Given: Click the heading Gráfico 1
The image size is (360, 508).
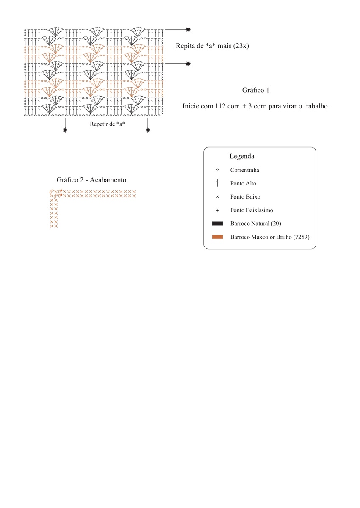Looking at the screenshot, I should tap(255, 90).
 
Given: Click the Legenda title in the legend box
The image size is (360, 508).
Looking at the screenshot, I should tap(241, 156).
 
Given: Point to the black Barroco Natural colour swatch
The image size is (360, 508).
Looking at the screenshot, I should tap(217, 223).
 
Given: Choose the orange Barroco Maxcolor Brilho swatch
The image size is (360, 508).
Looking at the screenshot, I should tap(217, 237).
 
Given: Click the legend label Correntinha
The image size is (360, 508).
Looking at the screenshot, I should tap(244, 170).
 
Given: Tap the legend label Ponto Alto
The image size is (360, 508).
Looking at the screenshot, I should tap(243, 183).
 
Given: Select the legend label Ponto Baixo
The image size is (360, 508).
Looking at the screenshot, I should tap(245, 197).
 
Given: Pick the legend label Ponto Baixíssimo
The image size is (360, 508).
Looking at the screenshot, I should tap(252, 210).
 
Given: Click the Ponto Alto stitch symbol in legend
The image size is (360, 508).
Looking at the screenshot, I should tap(217, 183).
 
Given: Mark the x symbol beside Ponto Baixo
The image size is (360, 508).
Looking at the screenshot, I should tap(217, 197).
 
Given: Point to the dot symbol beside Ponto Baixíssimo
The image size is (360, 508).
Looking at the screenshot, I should tap(217, 210).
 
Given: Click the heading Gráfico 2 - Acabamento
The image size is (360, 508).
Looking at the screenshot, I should tap(91, 180).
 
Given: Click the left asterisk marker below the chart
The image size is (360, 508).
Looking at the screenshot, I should tap(65, 130).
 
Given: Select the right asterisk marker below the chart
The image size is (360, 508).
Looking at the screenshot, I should tap(148, 130).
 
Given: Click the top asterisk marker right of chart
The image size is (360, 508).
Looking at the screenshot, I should tap(188, 30).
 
